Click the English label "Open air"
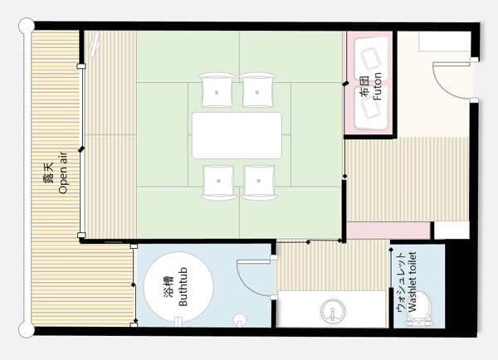(x=63, y=173)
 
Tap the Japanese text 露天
(x=48, y=173)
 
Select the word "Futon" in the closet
(x=377, y=86)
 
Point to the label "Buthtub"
(x=183, y=287)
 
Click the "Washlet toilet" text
(x=412, y=282)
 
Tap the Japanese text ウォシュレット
(x=401, y=282)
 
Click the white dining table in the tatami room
(x=237, y=135)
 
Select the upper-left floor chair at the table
(x=217, y=90)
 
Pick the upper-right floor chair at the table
(x=257, y=90)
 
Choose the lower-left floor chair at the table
(x=218, y=182)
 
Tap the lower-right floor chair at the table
(x=259, y=182)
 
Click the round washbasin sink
(x=333, y=311)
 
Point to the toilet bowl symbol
(x=419, y=309)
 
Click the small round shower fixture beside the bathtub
(x=240, y=319)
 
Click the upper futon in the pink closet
(x=371, y=58)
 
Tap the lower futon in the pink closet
(x=371, y=107)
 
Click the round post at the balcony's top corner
(x=27, y=26)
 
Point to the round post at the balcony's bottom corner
(x=27, y=329)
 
